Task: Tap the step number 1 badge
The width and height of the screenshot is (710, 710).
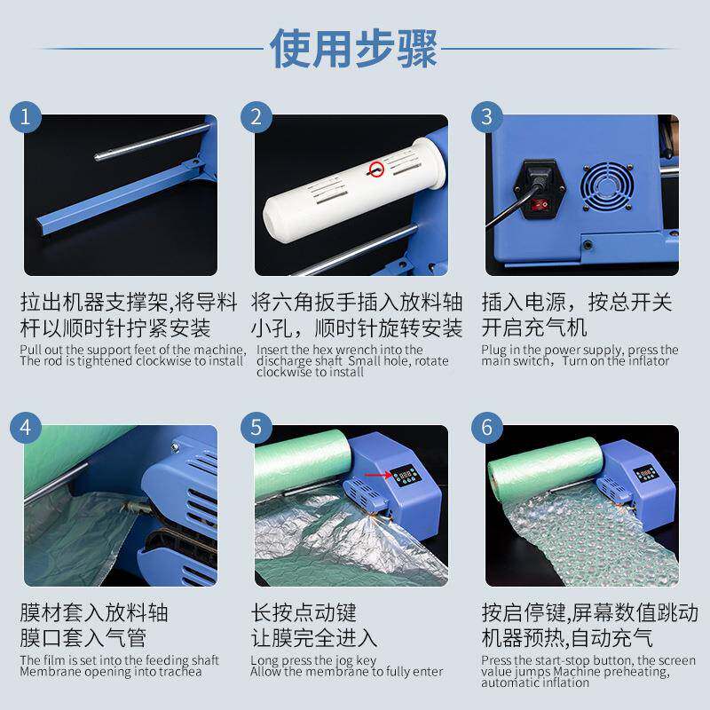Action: point(27,116)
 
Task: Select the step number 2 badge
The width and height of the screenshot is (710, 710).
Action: point(256,116)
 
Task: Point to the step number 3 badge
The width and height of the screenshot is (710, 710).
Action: point(486,116)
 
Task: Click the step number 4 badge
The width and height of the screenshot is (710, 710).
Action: point(27,427)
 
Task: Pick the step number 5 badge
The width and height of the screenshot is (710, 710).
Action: point(256,427)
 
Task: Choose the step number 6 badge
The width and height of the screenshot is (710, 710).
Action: point(486,427)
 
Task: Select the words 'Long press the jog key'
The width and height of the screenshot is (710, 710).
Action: point(313,660)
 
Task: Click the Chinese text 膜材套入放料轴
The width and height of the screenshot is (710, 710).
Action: point(94,613)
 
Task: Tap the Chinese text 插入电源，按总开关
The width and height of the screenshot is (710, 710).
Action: point(577,302)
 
